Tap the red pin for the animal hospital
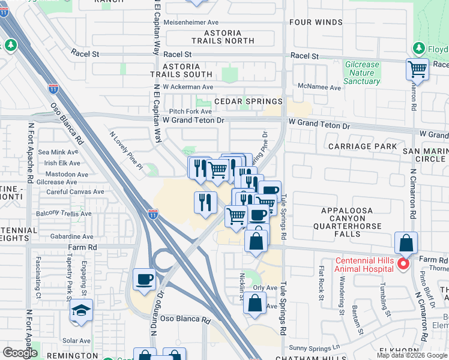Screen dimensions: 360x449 (403, 263)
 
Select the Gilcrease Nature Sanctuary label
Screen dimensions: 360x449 (362, 73)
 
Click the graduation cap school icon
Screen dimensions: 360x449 (81, 311)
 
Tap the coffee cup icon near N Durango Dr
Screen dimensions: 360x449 (145, 279)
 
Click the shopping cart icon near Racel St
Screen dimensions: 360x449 (417, 68)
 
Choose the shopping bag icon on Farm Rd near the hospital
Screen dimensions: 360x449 (406, 243)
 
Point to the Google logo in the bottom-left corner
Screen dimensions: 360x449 (20, 352)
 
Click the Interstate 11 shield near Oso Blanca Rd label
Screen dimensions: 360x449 (53, 89)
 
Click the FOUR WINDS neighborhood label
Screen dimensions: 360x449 (316, 22)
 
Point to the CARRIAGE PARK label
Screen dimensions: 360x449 (363, 146)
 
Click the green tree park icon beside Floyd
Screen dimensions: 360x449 (418, 47)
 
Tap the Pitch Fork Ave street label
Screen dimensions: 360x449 (190, 111)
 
